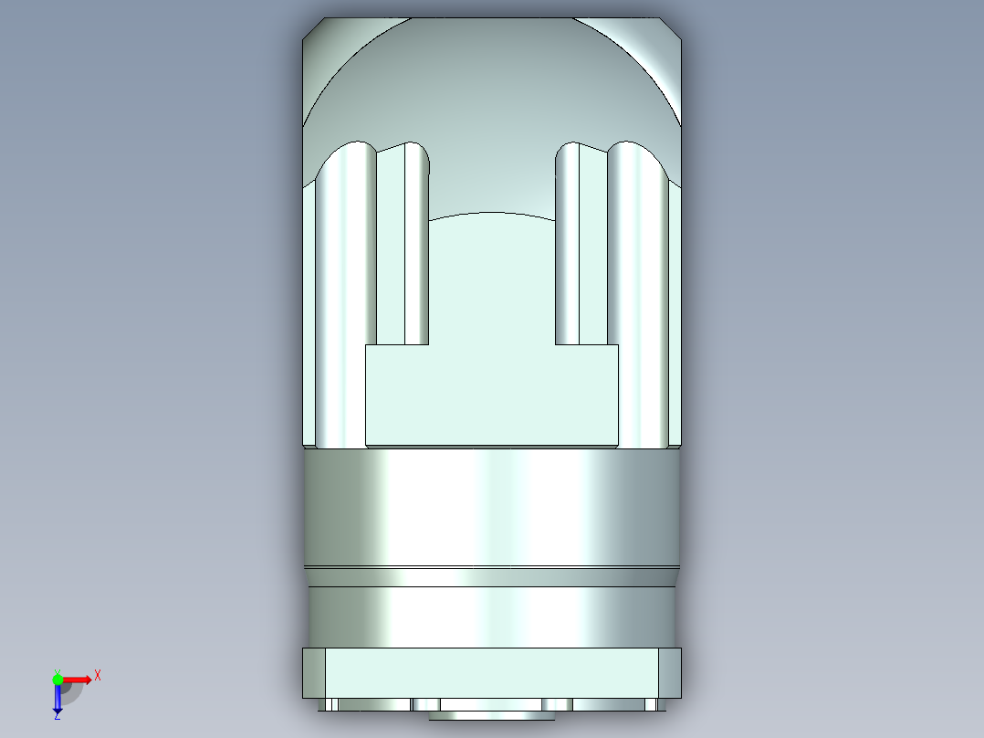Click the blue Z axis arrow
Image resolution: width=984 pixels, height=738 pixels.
pos(58,700)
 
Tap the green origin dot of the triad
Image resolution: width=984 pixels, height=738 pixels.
pos(58,679)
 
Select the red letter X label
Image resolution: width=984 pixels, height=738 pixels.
pos(97,675)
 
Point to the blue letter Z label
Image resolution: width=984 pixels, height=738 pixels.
pos(57,717)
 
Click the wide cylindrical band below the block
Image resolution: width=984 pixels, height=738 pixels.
pos(491,507)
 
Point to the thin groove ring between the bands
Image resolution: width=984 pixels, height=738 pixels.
pos(491,576)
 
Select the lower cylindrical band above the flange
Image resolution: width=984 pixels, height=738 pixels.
pos(491,617)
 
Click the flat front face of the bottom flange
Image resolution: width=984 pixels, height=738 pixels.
pos(491,673)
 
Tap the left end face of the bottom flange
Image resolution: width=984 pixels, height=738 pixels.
pos(314,673)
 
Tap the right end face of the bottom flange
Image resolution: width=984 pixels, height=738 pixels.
pos(669,673)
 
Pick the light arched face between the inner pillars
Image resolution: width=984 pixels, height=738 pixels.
pos(491,274)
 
